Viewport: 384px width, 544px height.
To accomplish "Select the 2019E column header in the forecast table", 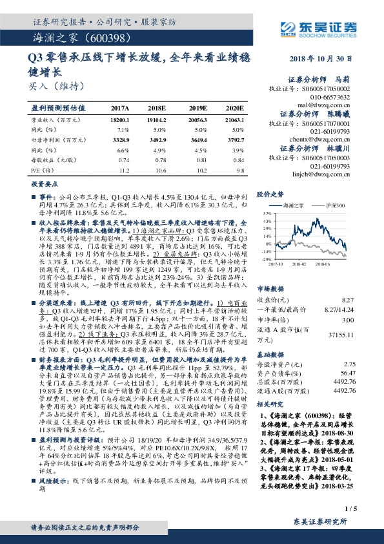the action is pyautogui.click(x=197, y=109).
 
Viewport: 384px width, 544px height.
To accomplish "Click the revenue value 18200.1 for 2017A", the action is pyautogui.click(x=120, y=121).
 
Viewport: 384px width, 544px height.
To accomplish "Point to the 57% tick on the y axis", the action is pyautogui.click(x=266, y=213).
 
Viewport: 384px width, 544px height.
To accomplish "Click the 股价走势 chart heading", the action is pyautogui.click(x=271, y=194).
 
